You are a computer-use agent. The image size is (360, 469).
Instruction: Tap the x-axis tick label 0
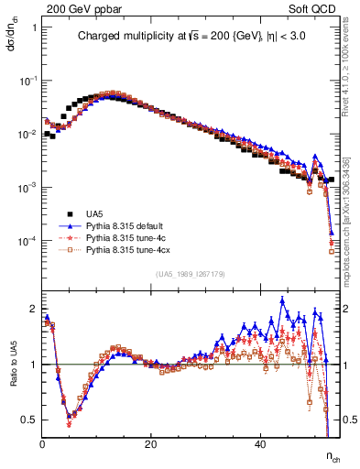tap(42, 443)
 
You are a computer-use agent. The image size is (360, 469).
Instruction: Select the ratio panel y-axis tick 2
tap(33, 308)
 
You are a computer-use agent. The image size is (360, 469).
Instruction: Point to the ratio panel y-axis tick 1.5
tap(29, 336)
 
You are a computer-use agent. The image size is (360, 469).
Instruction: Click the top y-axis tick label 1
tap(34, 27)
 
